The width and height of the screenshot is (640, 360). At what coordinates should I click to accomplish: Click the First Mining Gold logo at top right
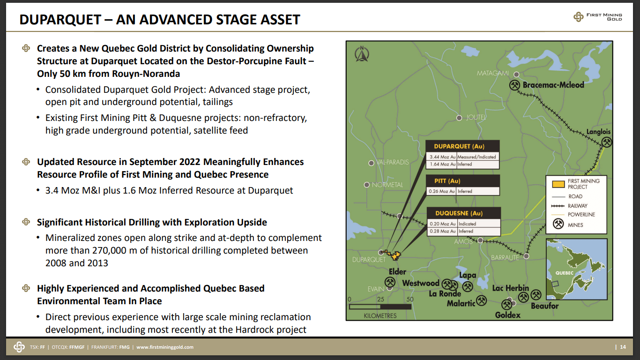coord(598,17)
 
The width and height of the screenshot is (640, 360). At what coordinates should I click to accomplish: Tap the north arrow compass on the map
coord(362,54)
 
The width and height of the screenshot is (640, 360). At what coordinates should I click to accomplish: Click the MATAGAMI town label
coord(492,74)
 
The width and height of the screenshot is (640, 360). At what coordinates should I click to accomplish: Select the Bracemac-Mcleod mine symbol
coord(515,85)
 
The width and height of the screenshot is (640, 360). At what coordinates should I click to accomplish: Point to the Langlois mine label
coord(599,132)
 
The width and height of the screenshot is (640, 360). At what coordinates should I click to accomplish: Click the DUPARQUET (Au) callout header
coord(462,146)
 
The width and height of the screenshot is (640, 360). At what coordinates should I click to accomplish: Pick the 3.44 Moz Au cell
coord(442,157)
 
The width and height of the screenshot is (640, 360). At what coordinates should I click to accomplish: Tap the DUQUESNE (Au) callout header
coord(463,213)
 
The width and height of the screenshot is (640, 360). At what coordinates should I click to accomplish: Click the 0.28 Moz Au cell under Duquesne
coord(442,231)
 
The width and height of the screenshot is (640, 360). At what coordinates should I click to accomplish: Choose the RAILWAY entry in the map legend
coord(577,206)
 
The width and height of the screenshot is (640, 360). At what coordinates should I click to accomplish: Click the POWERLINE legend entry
coord(581,215)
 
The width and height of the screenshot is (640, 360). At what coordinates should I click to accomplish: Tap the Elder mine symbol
coord(390,281)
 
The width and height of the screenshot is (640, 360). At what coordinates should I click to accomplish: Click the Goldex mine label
coord(508,315)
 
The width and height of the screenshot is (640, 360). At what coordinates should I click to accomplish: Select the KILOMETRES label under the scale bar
coord(380,316)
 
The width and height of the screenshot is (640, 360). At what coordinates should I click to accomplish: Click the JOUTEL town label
coord(476,117)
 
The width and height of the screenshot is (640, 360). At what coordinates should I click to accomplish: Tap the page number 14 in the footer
coord(623,347)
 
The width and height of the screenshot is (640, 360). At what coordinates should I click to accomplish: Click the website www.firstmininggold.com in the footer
coord(165,347)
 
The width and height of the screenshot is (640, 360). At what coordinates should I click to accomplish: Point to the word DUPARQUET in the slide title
coord(60,20)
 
